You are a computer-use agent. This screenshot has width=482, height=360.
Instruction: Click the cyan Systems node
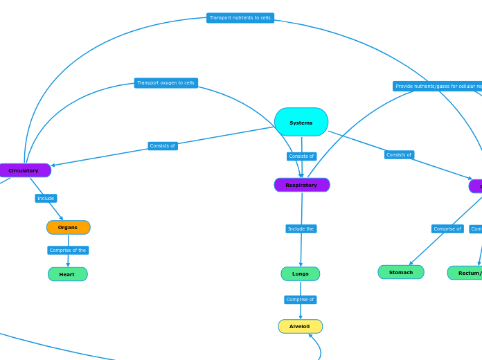tap(301, 122)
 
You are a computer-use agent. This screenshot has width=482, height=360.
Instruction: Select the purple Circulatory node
tap(24, 170)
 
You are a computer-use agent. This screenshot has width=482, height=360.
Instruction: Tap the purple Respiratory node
tap(301, 185)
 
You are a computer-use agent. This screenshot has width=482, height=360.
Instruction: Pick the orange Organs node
tap(68, 227)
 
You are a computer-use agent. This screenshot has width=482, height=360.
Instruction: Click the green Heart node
tap(67, 274)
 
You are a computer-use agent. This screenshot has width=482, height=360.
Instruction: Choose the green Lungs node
tap(301, 273)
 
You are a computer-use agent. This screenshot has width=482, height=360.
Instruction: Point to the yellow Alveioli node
tap(300, 326)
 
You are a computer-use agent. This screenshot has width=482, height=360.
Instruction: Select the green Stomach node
tap(400, 272)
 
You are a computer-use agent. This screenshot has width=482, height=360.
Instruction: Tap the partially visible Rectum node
tap(465, 273)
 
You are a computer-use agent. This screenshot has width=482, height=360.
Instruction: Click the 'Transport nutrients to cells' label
tap(240, 18)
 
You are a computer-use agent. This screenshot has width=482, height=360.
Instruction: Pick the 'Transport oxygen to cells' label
tap(166, 83)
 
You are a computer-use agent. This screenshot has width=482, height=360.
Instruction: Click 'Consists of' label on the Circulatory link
tap(163, 146)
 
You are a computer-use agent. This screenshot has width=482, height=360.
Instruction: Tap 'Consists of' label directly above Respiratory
tap(301, 156)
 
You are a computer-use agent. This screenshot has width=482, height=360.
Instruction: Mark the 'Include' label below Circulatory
tap(46, 198)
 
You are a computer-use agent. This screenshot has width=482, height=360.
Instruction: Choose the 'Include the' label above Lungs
tap(301, 228)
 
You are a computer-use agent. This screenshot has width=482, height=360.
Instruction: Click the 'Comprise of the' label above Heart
tap(68, 250)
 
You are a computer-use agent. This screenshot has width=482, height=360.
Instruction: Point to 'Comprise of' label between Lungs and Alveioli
tap(300, 300)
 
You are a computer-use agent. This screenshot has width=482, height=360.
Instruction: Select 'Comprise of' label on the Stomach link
tap(447, 228)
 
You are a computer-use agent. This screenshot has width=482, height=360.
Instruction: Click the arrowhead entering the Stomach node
tap(411, 263)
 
